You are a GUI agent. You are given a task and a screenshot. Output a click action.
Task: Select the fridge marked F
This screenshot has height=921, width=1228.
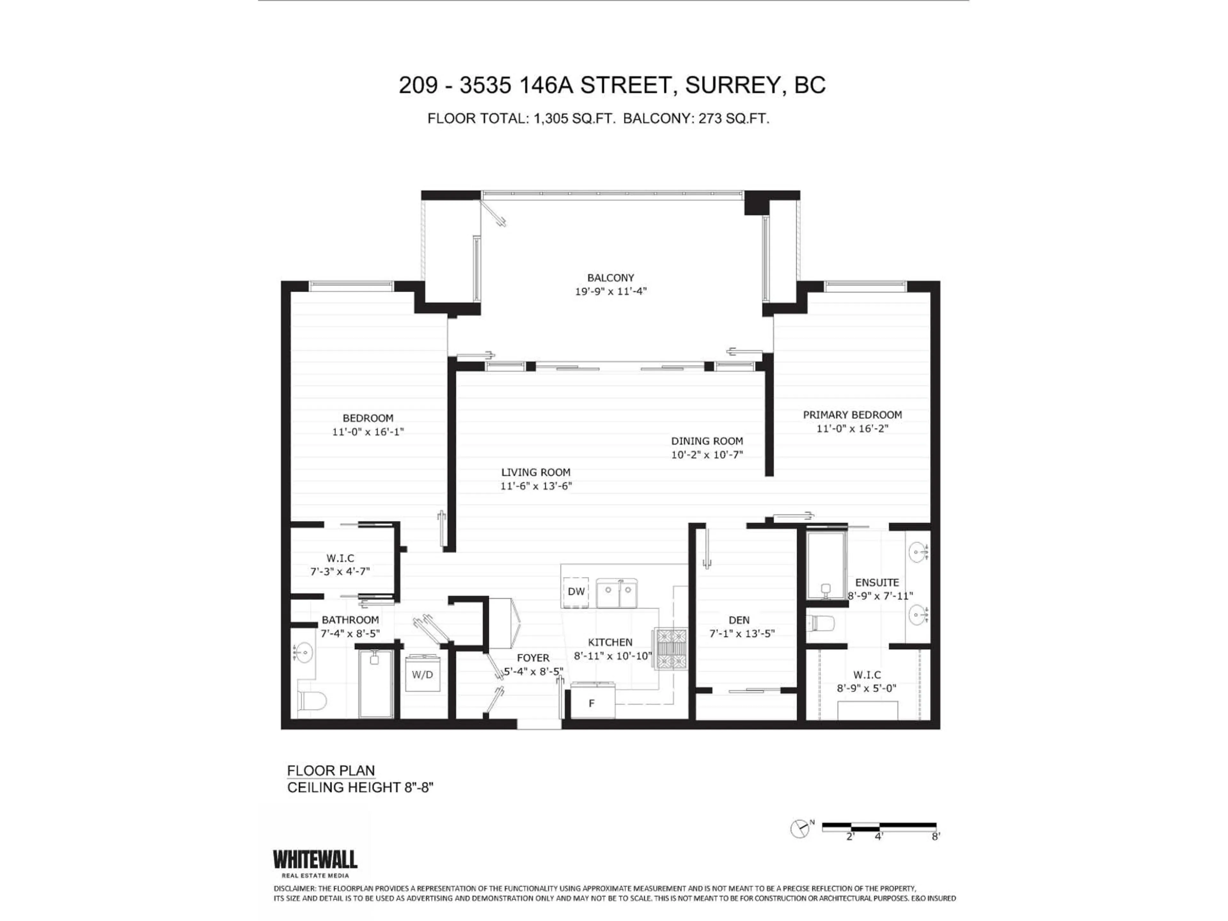(592, 703)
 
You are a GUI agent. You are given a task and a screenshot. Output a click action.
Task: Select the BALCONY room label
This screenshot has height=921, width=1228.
(610, 278)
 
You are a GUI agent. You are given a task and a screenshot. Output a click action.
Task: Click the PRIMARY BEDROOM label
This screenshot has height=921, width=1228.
(852, 415)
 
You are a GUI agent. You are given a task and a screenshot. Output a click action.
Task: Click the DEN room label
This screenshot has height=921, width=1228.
(739, 620)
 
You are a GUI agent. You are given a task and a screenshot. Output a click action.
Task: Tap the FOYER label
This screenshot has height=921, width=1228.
(533, 658)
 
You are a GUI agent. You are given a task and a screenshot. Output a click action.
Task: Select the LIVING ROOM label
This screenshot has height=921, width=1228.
(536, 472)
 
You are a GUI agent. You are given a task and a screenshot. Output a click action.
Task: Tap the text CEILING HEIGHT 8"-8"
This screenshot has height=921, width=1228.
(360, 787)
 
